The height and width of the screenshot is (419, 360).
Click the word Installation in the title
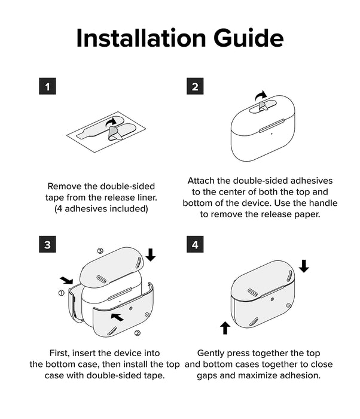141,38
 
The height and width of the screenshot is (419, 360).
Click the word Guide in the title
248,38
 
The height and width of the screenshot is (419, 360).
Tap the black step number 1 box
47,86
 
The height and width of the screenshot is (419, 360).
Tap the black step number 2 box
195,86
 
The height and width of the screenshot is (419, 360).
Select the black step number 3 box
47,244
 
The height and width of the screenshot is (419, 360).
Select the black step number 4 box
195,244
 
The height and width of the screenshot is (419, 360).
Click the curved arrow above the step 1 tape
111,122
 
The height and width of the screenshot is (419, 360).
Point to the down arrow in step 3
151,254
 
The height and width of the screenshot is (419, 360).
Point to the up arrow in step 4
225,328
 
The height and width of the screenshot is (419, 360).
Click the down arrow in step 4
304,266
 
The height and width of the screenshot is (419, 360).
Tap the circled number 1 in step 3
62,293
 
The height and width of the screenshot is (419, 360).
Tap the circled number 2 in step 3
138,333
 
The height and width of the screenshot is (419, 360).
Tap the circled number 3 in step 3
100,251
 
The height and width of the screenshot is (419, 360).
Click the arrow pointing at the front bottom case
117,317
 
